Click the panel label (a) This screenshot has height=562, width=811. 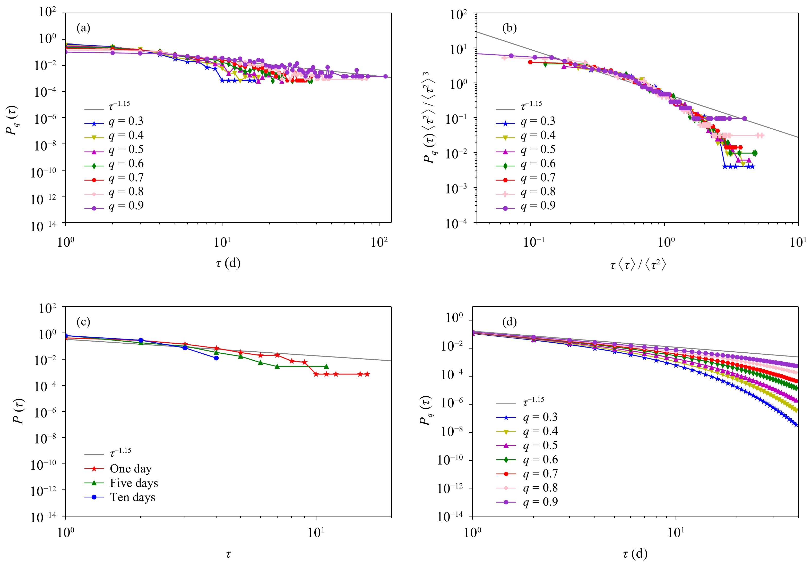pyautogui.click(x=83, y=28)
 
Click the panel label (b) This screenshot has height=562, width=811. pyautogui.click(x=509, y=28)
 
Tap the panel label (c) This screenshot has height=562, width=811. pyautogui.click(x=83, y=322)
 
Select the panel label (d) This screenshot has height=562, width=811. pyautogui.click(x=509, y=322)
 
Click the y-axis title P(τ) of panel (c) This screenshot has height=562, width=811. pyautogui.click(x=18, y=411)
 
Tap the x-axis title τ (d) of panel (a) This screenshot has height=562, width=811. pyautogui.click(x=228, y=263)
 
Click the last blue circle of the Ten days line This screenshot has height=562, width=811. pyautogui.click(x=216, y=358)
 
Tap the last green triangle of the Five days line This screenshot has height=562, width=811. pyautogui.click(x=326, y=367)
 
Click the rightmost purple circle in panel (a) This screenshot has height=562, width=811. pyautogui.click(x=385, y=76)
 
